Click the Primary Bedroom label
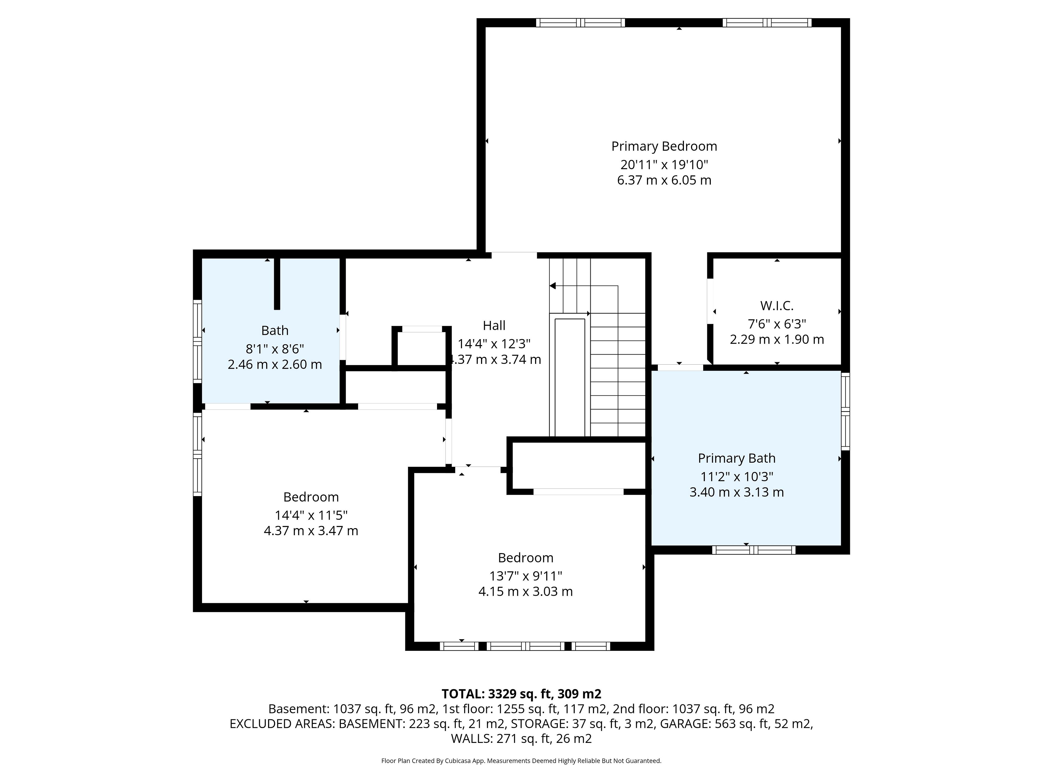664,147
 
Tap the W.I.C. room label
777,306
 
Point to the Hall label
494,326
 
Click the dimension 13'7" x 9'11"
525,576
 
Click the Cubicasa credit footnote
521,761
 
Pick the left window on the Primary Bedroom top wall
580,23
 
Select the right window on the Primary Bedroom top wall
767,23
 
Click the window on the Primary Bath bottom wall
753,550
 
